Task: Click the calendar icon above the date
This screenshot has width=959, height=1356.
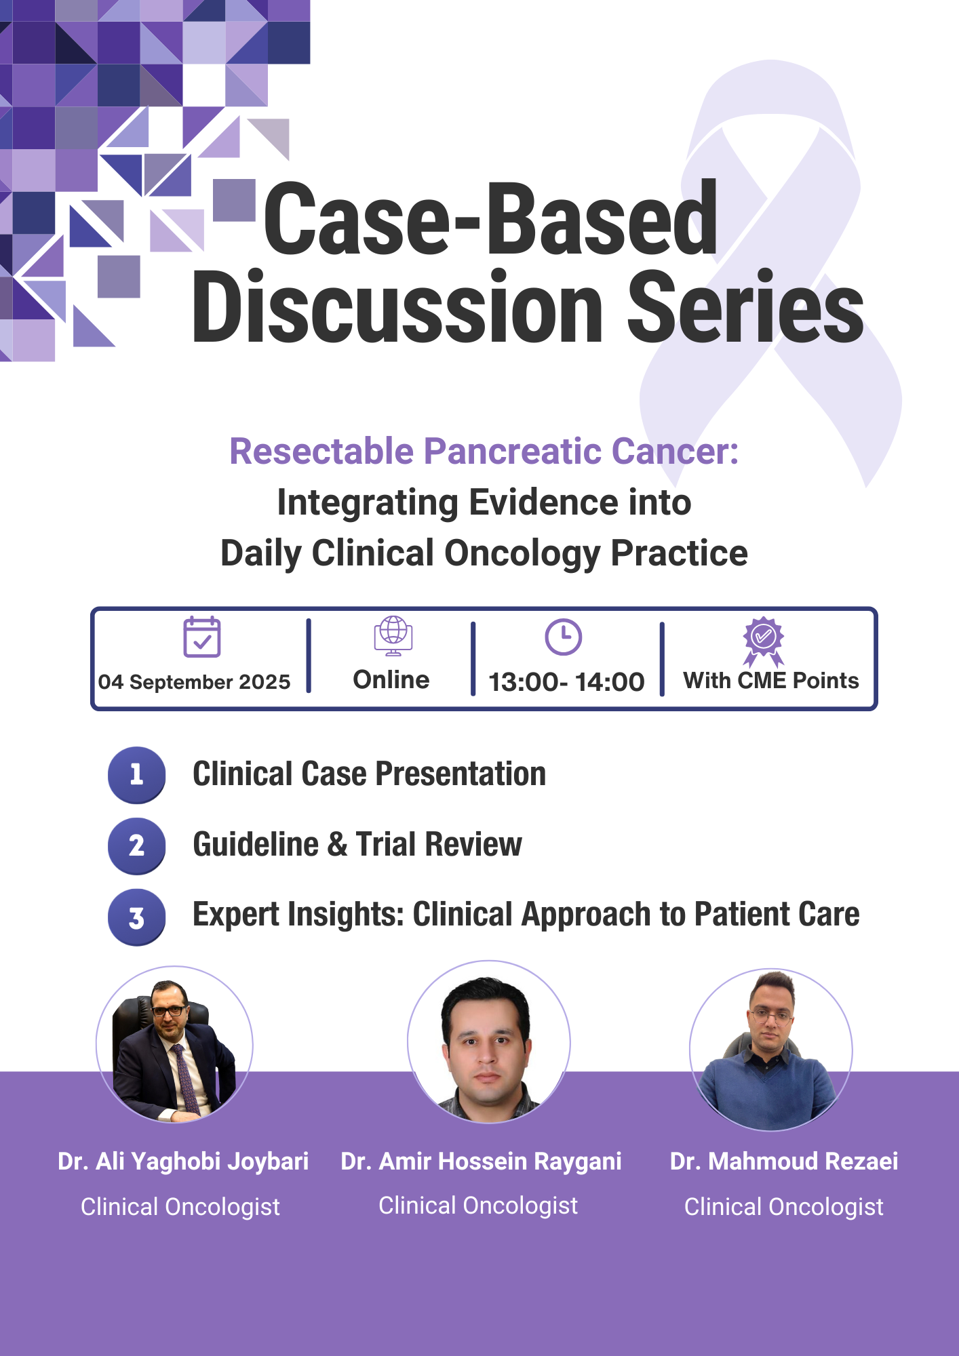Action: pyautogui.click(x=202, y=637)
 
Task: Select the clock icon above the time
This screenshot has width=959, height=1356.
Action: pyautogui.click(x=564, y=637)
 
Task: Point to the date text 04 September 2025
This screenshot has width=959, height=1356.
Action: pyautogui.click(x=194, y=681)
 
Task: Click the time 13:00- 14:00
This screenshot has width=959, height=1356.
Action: pyautogui.click(x=566, y=681)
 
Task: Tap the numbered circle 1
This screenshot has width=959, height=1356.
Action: pyautogui.click(x=137, y=775)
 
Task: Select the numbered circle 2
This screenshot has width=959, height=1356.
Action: pyautogui.click(x=137, y=845)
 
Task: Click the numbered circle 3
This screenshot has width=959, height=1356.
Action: pyautogui.click(x=137, y=917)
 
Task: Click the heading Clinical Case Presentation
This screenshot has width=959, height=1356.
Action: pyautogui.click(x=370, y=774)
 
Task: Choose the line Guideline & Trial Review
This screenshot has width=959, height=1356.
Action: pyautogui.click(x=357, y=845)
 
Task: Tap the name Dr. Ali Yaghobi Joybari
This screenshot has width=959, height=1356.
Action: pyautogui.click(x=183, y=1161)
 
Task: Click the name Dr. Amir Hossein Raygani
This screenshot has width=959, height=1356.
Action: pyautogui.click(x=481, y=1161)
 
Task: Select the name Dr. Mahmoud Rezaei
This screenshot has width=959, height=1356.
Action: pyautogui.click(x=784, y=1161)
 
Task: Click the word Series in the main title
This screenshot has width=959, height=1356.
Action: pyautogui.click(x=745, y=306)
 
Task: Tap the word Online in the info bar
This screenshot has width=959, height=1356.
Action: pyautogui.click(x=391, y=679)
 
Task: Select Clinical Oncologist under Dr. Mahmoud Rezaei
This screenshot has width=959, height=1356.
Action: pyautogui.click(x=784, y=1207)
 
